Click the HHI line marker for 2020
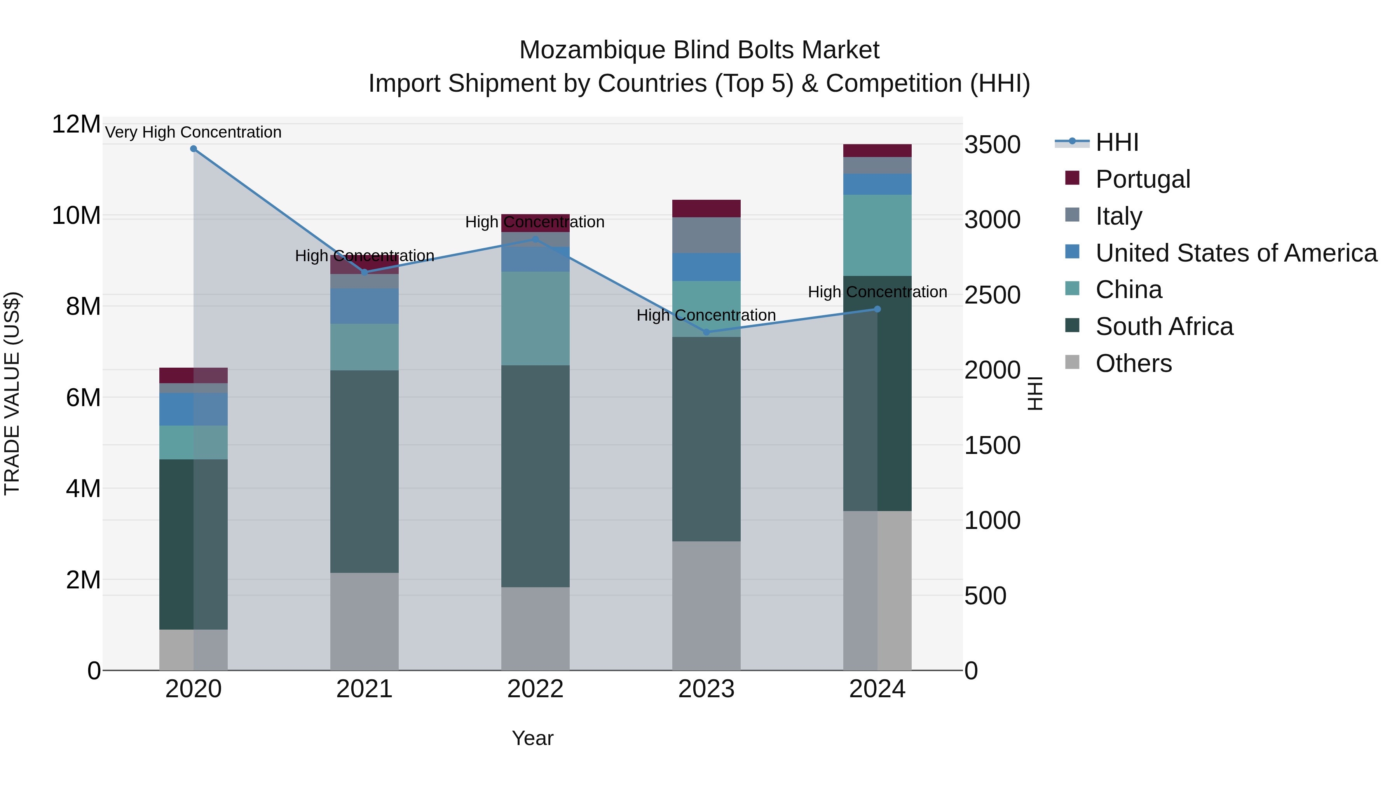tap(194, 148)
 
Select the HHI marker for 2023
tap(706, 332)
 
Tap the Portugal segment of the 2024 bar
tap(877, 150)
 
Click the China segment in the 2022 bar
tap(535, 318)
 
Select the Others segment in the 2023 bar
tap(706, 606)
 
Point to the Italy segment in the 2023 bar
tap(706, 235)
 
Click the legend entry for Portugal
tap(1142, 179)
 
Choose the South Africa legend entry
tap(1164, 326)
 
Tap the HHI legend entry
tap(1116, 142)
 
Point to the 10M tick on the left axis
tap(76, 216)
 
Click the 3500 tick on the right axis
tap(992, 145)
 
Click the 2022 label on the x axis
tap(535, 689)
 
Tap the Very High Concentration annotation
tap(194, 132)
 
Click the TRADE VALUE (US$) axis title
tap(12, 393)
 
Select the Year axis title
tap(532, 738)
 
